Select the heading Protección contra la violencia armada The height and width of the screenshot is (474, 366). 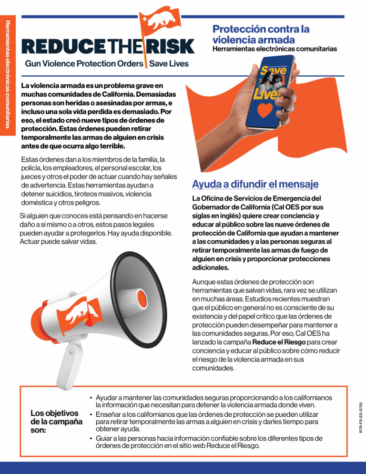coord(261,34)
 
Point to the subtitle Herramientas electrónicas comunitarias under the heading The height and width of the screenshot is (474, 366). coord(274,49)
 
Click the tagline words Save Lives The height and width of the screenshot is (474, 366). coord(169,63)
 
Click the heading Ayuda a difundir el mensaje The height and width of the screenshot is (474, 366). coord(255,184)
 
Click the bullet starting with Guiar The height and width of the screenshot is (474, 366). coord(210,442)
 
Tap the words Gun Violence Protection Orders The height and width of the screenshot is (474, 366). coord(84,63)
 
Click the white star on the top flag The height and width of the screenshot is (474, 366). coord(143,19)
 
